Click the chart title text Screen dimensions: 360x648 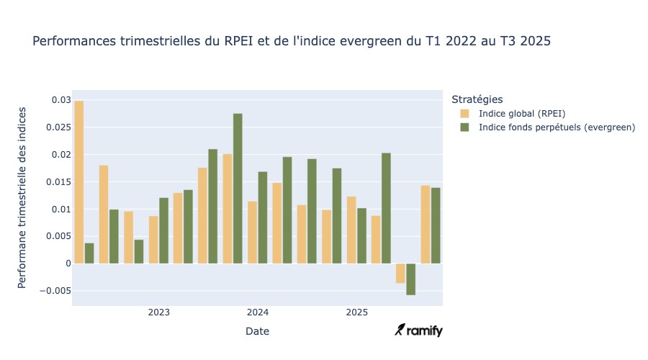tap(292, 42)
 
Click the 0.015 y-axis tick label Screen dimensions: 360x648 tap(58, 182)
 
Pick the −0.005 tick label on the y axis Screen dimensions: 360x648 tap(55, 291)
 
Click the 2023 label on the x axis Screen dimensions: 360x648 tap(159, 312)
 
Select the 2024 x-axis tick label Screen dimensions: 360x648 tap(258, 312)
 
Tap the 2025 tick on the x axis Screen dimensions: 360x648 tap(356, 312)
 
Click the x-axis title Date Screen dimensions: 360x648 tap(258, 331)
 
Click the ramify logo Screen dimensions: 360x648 tap(419, 330)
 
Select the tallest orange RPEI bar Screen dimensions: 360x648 tap(79, 182)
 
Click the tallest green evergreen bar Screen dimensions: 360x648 tap(238, 189)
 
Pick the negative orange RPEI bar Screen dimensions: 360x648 tap(400, 274)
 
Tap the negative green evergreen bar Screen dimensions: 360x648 tap(411, 279)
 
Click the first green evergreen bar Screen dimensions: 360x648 tap(89, 253)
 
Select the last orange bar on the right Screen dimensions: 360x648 tap(426, 225)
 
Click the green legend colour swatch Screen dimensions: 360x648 tap(464, 127)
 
